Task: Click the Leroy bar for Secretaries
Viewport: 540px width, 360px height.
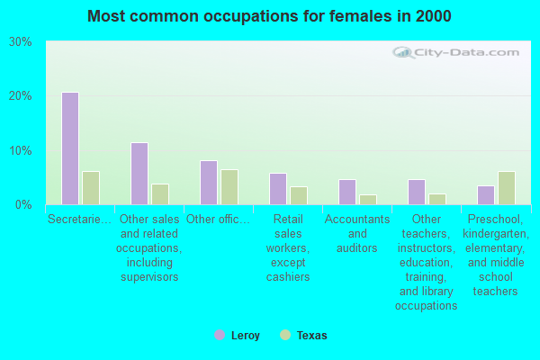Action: click(69, 148)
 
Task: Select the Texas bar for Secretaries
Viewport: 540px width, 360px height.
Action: click(91, 188)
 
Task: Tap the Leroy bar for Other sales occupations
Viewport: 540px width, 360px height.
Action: click(139, 174)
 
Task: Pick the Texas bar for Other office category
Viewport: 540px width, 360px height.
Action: click(229, 187)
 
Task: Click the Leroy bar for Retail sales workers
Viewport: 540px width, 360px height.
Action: click(277, 189)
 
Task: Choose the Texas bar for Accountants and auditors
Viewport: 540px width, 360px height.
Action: click(368, 200)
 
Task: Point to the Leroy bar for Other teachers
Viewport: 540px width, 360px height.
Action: click(416, 192)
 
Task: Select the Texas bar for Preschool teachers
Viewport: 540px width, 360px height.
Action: click(507, 188)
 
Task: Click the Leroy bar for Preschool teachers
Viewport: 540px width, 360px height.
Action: click(485, 195)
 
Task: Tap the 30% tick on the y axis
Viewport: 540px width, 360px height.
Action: click(21, 42)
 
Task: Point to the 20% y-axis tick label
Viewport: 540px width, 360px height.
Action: click(21, 96)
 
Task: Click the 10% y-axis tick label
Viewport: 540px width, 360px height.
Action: click(21, 150)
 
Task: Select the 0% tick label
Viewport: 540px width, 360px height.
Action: click(24, 204)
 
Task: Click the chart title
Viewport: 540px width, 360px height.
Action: click(270, 16)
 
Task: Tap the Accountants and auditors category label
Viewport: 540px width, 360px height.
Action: click(357, 233)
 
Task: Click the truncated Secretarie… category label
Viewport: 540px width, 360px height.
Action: click(80, 220)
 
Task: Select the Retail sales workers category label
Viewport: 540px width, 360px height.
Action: click(288, 247)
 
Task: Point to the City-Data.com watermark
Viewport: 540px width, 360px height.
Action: click(450, 53)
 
